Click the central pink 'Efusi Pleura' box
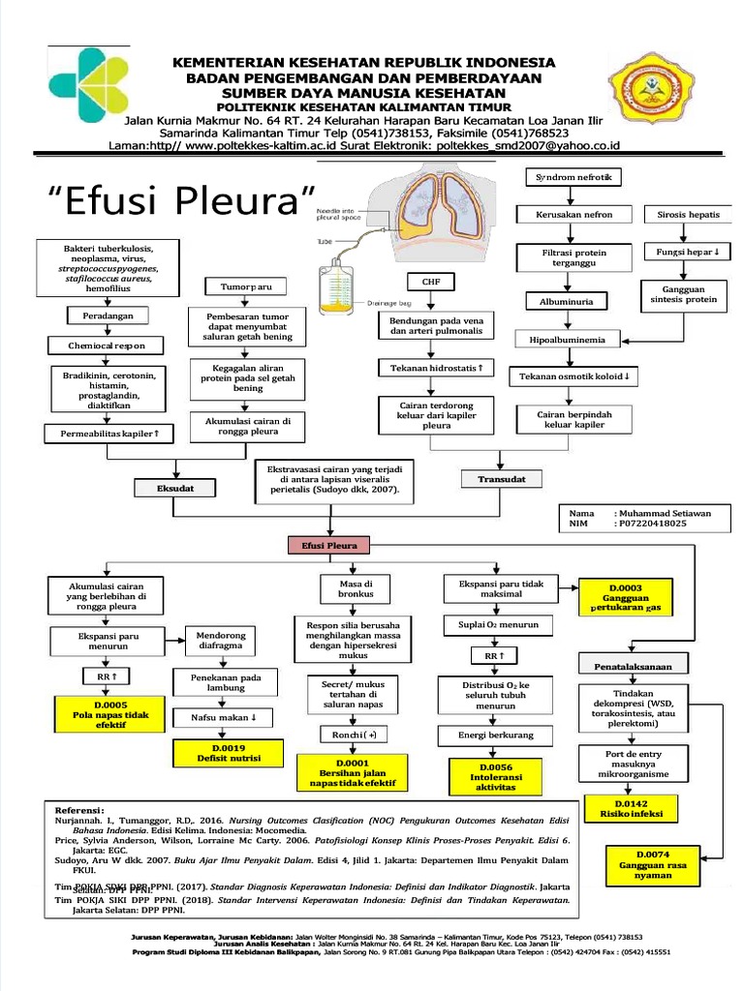point(330,546)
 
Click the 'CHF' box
point(430,282)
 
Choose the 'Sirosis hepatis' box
point(688,214)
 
